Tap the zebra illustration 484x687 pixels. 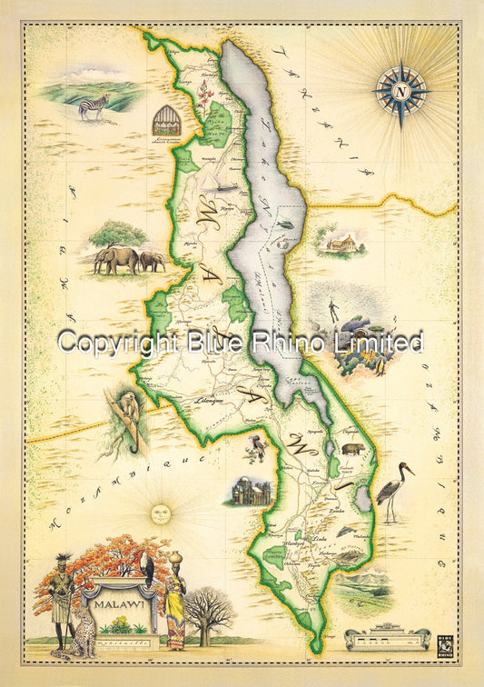click(93, 107)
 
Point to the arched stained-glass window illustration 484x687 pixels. click(167, 119)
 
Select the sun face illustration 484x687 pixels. click(160, 513)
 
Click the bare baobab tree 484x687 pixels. click(210, 612)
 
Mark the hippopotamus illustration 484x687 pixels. click(351, 450)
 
